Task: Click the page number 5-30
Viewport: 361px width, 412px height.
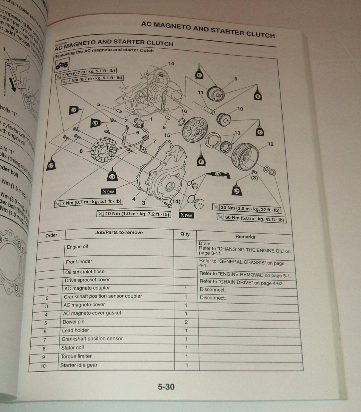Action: (166, 387)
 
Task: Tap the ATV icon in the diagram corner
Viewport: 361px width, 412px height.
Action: (61, 66)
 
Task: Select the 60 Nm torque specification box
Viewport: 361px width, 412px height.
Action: (252, 218)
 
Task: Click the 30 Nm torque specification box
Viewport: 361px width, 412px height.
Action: (247, 209)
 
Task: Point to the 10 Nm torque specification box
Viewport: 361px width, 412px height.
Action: (134, 214)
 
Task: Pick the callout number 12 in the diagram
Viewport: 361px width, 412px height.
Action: (270, 144)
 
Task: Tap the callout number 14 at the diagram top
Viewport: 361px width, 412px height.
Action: (171, 63)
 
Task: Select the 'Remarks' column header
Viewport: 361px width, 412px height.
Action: (245, 237)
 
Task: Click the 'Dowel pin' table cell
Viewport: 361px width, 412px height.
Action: (73, 322)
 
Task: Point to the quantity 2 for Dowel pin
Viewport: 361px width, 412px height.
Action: (186, 322)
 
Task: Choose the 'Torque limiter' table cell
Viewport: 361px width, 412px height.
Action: (76, 356)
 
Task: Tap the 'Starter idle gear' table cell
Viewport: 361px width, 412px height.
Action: (79, 365)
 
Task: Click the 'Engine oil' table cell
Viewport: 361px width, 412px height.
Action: (77, 247)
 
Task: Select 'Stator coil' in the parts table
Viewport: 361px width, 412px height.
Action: (72, 348)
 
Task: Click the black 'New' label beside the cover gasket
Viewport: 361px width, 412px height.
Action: (108, 192)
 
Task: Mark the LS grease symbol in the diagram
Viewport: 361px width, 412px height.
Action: (218, 175)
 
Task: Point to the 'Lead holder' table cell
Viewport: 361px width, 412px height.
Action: (75, 330)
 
